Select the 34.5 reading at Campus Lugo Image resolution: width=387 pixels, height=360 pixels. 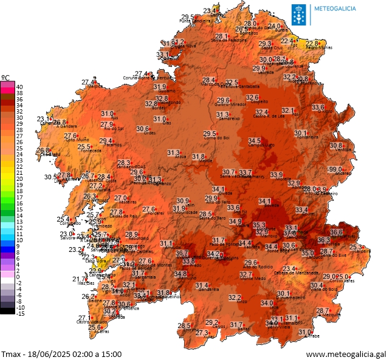click(255, 141)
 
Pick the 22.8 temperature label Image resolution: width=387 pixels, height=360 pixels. click(312, 43)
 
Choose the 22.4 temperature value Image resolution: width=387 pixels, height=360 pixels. click(287, 41)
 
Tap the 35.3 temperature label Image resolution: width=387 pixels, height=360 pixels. click(259, 225)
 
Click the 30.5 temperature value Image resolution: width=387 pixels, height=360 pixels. click(50, 177)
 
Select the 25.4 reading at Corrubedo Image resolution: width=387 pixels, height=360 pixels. click(63, 220)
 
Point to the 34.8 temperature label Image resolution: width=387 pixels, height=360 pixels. click(180, 274)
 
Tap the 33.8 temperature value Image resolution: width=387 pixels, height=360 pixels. click(189, 261)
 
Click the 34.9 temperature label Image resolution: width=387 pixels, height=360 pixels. click(235, 222)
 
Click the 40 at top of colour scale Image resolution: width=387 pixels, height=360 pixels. click(19, 87)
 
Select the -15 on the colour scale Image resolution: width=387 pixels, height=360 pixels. click(20, 313)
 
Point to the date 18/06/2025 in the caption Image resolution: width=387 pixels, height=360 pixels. click(49, 353)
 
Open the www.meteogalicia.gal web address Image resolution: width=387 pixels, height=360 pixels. click(346, 353)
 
